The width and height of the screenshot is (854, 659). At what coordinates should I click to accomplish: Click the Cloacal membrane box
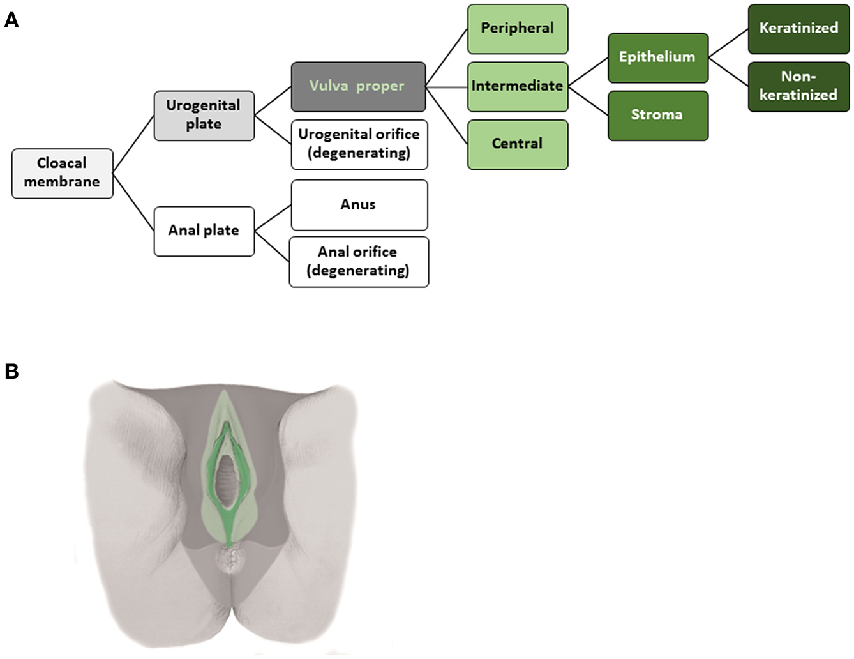[x=62, y=173]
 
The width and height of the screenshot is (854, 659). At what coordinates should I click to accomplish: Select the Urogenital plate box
[x=204, y=115]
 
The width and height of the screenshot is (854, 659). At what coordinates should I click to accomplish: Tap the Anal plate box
[x=204, y=231]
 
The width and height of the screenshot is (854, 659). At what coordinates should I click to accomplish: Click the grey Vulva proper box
[x=357, y=86]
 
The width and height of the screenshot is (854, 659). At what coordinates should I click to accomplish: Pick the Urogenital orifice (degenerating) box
[x=359, y=144]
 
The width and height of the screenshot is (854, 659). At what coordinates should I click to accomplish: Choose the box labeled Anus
[x=359, y=204]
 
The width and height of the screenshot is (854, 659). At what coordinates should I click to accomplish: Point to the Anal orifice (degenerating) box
[x=358, y=261]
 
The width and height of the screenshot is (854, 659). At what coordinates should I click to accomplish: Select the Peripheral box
[x=517, y=29]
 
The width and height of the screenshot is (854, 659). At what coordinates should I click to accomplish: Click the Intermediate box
[x=517, y=86]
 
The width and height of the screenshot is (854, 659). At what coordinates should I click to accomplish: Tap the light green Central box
[x=517, y=144]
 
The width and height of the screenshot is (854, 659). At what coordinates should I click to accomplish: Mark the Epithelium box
[x=657, y=57]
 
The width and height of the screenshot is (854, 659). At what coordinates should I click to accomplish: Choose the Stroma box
[x=657, y=115]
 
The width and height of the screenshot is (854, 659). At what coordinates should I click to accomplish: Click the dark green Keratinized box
[x=798, y=29]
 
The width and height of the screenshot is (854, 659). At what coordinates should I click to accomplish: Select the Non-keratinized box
[x=798, y=86]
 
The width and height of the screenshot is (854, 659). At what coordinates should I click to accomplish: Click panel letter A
[x=11, y=20]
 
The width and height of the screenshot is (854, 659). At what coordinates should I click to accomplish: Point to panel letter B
[x=11, y=371]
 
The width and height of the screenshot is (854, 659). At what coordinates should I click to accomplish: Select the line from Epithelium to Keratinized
[x=728, y=43]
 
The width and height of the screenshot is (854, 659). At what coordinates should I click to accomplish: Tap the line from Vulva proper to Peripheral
[x=447, y=57]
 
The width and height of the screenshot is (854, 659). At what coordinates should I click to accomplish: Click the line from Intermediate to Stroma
[x=588, y=101]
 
